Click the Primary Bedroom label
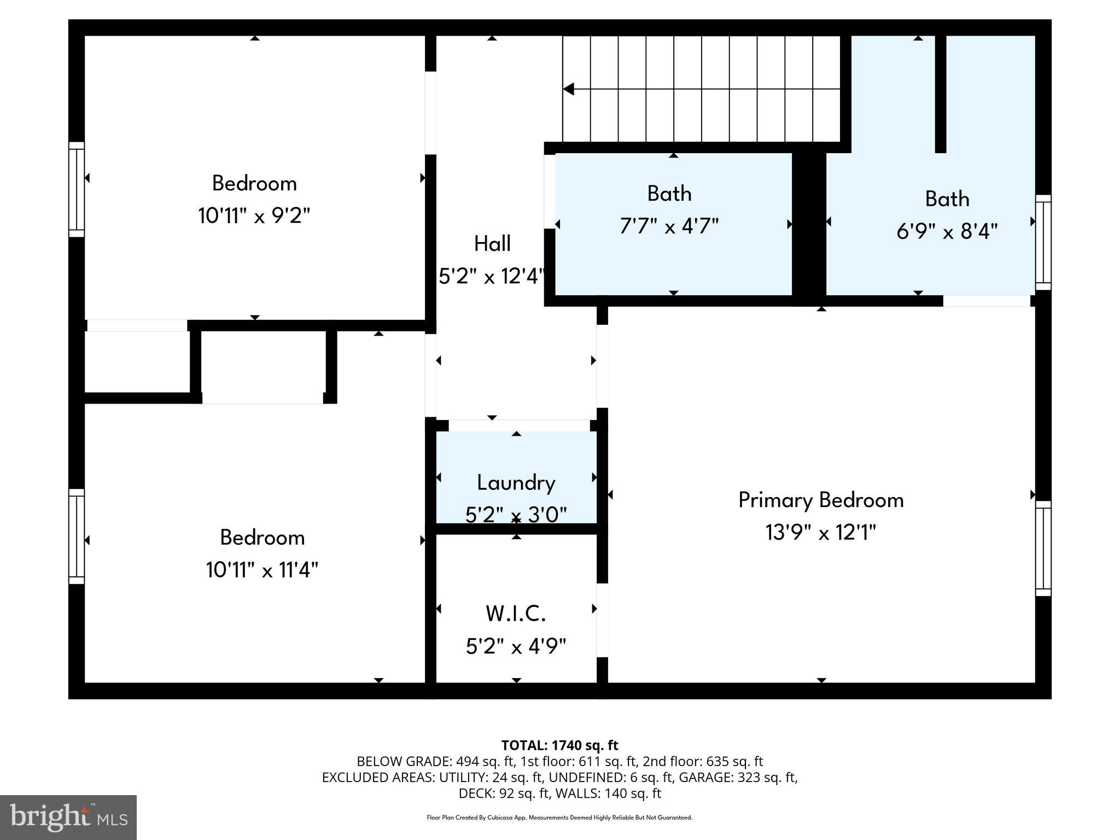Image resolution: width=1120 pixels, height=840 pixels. (x=820, y=500)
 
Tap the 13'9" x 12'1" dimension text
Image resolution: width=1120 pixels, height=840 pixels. (x=820, y=532)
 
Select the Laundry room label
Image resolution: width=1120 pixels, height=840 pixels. (x=516, y=483)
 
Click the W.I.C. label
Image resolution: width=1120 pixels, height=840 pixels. (x=516, y=614)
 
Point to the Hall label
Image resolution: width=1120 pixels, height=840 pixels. (x=492, y=244)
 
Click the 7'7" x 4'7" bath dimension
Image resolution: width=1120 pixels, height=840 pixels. (x=669, y=226)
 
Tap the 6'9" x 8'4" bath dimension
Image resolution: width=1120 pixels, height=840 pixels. (x=947, y=231)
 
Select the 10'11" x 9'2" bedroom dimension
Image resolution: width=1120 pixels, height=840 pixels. (x=254, y=216)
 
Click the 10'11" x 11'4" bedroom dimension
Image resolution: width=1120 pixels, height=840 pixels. (x=262, y=570)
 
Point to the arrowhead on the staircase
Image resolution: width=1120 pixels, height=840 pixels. (x=569, y=89)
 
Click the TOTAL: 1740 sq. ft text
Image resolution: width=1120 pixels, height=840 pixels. (x=559, y=745)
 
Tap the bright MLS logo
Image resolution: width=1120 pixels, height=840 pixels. (x=68, y=817)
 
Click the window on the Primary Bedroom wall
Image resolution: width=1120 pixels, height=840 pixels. (x=1043, y=549)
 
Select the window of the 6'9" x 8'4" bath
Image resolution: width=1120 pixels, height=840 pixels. (x=1043, y=242)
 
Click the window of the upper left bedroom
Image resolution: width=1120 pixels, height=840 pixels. (x=77, y=190)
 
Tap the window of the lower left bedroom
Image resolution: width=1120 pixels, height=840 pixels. (x=77, y=536)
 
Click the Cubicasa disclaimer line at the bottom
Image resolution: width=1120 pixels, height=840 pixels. (x=559, y=818)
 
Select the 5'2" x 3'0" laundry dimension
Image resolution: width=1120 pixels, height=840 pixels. (x=516, y=515)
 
